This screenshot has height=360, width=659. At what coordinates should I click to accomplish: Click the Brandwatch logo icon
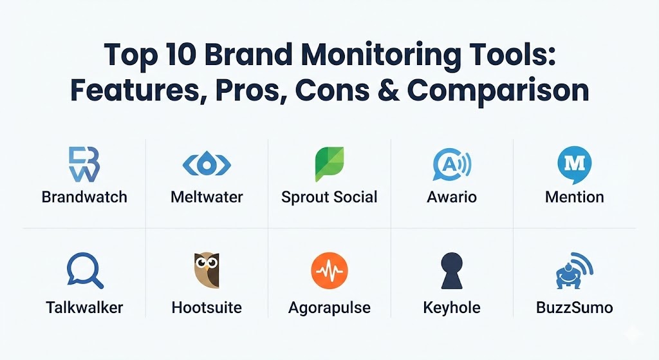pyautogui.click(x=84, y=164)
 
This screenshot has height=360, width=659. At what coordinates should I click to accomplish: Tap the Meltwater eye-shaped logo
pyautogui.click(x=207, y=165)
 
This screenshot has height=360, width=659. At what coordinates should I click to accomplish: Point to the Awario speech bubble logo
pyautogui.click(x=452, y=164)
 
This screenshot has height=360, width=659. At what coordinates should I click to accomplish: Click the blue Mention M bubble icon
pyautogui.click(x=574, y=165)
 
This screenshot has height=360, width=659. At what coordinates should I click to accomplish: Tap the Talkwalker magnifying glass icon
pyautogui.click(x=85, y=270)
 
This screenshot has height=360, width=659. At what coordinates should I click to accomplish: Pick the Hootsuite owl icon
pyautogui.click(x=207, y=270)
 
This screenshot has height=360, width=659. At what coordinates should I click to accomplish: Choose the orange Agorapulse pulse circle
pyautogui.click(x=329, y=271)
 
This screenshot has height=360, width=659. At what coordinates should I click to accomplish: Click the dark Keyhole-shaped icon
pyautogui.click(x=452, y=270)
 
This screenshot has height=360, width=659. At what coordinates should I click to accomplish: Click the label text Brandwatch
pyautogui.click(x=84, y=197)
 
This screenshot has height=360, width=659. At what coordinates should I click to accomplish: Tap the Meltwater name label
pyautogui.click(x=207, y=197)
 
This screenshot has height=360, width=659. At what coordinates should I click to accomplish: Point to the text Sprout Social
pyautogui.click(x=329, y=197)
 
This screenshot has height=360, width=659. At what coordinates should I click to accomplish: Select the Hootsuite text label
pyautogui.click(x=207, y=307)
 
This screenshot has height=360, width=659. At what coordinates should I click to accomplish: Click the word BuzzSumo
pyautogui.click(x=574, y=307)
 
